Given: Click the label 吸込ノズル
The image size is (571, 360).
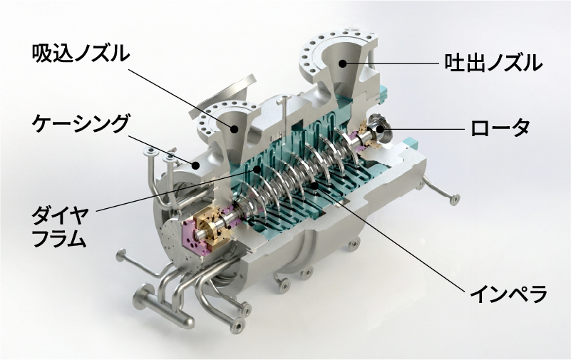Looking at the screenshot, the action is tap(81, 53).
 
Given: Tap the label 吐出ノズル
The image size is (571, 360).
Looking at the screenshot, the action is tap(493, 63).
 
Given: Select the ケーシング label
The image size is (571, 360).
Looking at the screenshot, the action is tap(81, 123).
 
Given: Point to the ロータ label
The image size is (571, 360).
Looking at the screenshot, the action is tap(500, 128).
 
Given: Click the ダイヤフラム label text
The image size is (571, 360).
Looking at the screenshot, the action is tap(59, 228).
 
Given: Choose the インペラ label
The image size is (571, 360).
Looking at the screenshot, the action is tap(508, 293).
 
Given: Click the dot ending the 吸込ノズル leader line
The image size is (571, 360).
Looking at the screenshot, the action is tap(235, 128).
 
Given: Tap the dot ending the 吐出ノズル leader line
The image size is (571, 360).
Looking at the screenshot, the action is tap(341, 63).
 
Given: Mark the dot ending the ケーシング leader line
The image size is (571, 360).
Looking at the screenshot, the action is tap(196, 165).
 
